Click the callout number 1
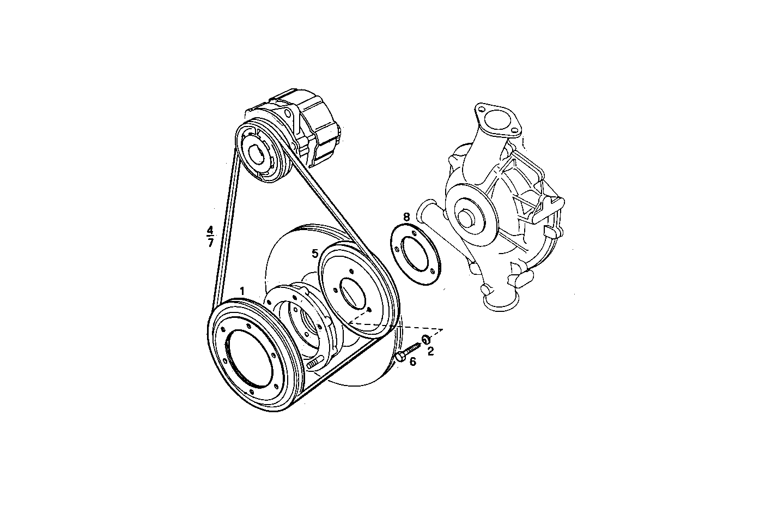pyautogui.click(x=242, y=292)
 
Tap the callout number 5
pyautogui.click(x=315, y=254)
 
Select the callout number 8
pyautogui.click(x=406, y=217)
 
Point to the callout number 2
pyautogui.click(x=430, y=352)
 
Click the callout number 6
pyautogui.click(x=412, y=362)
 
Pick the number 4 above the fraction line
pyautogui.click(x=211, y=230)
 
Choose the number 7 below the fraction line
pyautogui.click(x=211, y=243)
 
